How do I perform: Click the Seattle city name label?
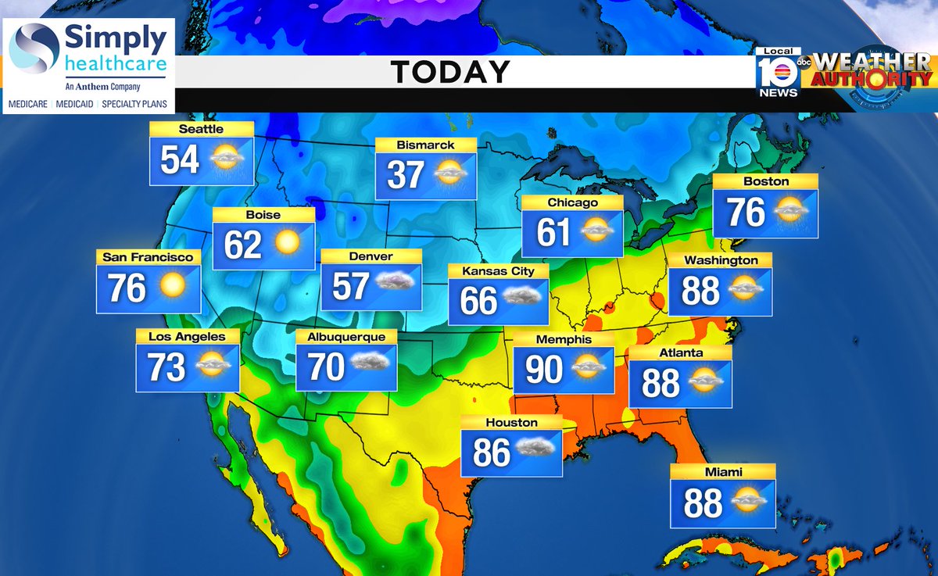click(x=201, y=129)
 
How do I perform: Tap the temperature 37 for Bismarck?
click(x=406, y=175)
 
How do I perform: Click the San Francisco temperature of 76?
click(x=127, y=288)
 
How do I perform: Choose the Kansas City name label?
click(x=498, y=271)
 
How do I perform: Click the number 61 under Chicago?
click(x=553, y=232)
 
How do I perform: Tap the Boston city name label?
click(x=767, y=181)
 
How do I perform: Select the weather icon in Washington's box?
click(x=746, y=290)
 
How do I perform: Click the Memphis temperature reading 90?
click(x=544, y=370)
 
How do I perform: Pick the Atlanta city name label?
click(x=680, y=353)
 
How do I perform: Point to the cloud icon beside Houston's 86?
click(x=535, y=451)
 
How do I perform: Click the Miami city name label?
click(x=723, y=472)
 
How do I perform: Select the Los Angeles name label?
click(x=187, y=337)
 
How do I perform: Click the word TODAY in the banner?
click(x=450, y=72)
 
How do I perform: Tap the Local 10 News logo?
click(x=778, y=73)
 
